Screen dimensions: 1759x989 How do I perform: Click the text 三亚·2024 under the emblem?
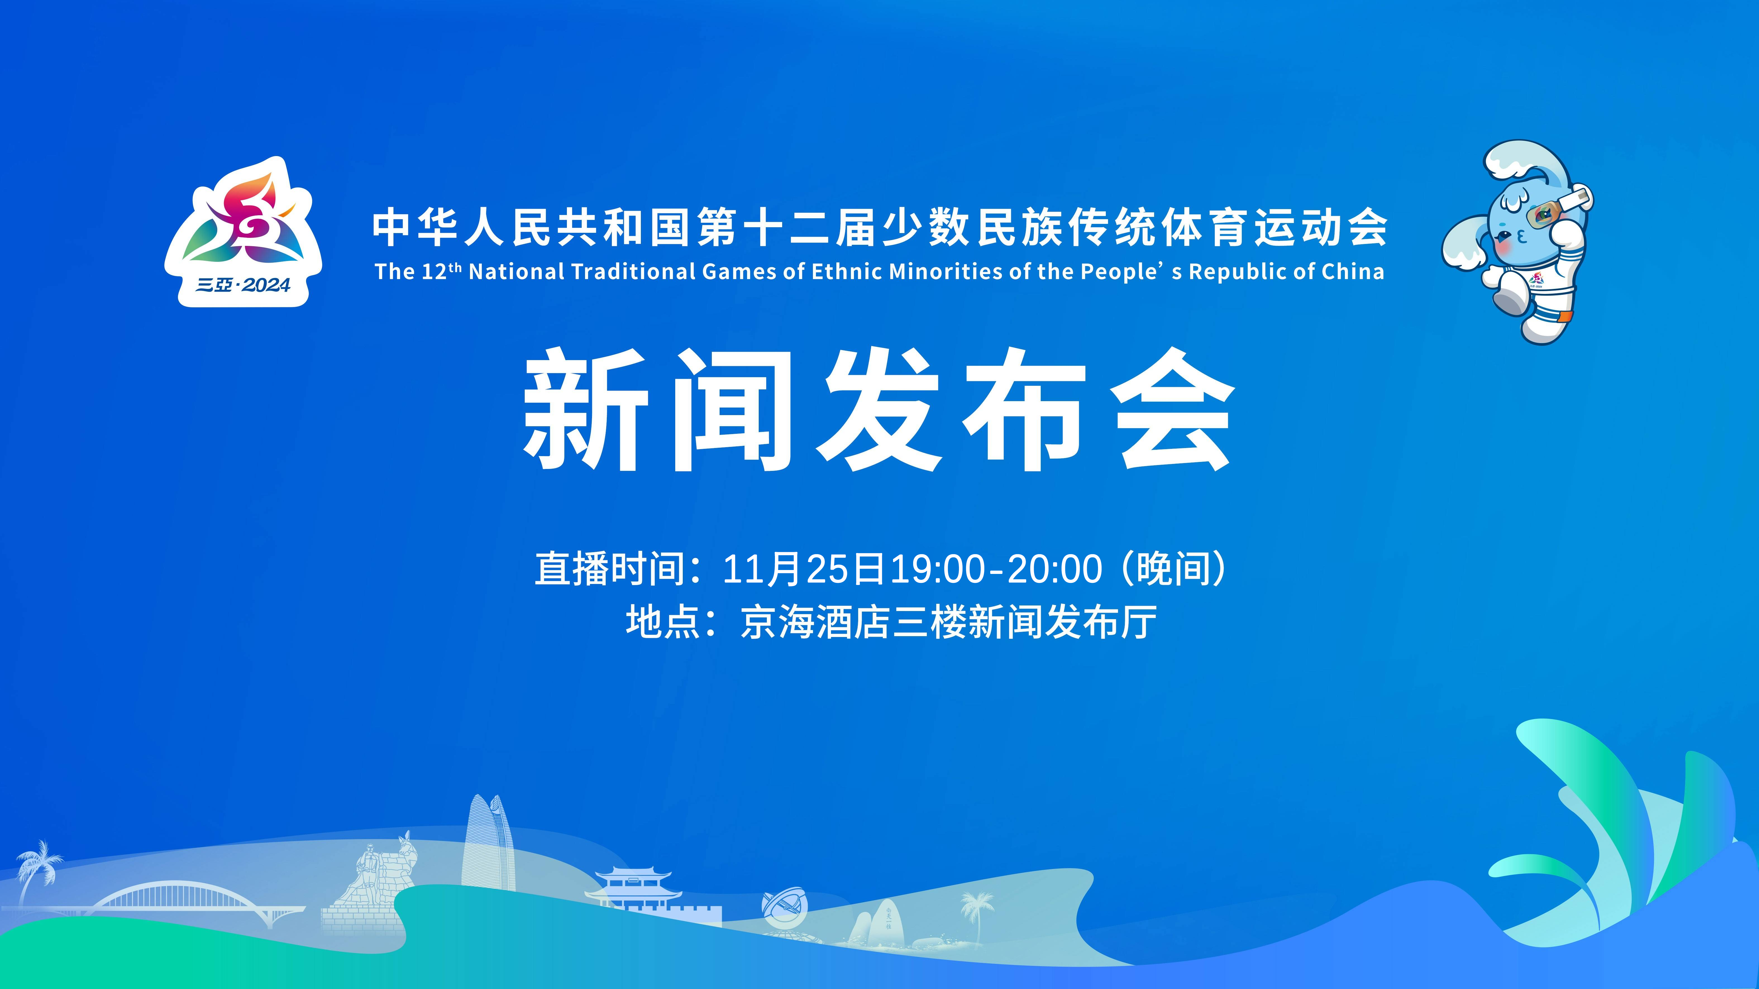[x=243, y=285]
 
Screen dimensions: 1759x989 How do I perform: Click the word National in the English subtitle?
[x=517, y=272]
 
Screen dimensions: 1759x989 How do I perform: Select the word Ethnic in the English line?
[x=847, y=272]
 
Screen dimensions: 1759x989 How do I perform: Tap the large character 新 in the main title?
[x=586, y=408]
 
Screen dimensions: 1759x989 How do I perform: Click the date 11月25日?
[x=805, y=569]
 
